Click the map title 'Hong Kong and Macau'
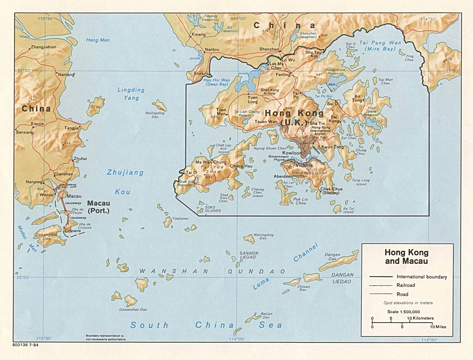[x=406, y=257]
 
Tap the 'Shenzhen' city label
[x=269, y=49]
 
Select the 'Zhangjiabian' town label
[x=44, y=47]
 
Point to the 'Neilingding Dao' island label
[x=155, y=115]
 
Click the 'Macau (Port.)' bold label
[x=99, y=207]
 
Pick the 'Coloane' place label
[x=73, y=231]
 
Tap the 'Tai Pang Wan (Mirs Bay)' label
[x=380, y=45]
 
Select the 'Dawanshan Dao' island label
[x=133, y=310]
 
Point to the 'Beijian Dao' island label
[x=266, y=315]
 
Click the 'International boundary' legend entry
[x=422, y=277]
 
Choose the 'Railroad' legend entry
[x=406, y=285]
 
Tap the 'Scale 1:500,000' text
[x=404, y=312]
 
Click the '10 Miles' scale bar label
[x=438, y=327]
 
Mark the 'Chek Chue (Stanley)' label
[x=331, y=191]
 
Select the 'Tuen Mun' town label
[x=221, y=112]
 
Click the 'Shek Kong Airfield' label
[x=270, y=91]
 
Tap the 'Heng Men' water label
[x=98, y=40]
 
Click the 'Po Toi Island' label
[x=349, y=210]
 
